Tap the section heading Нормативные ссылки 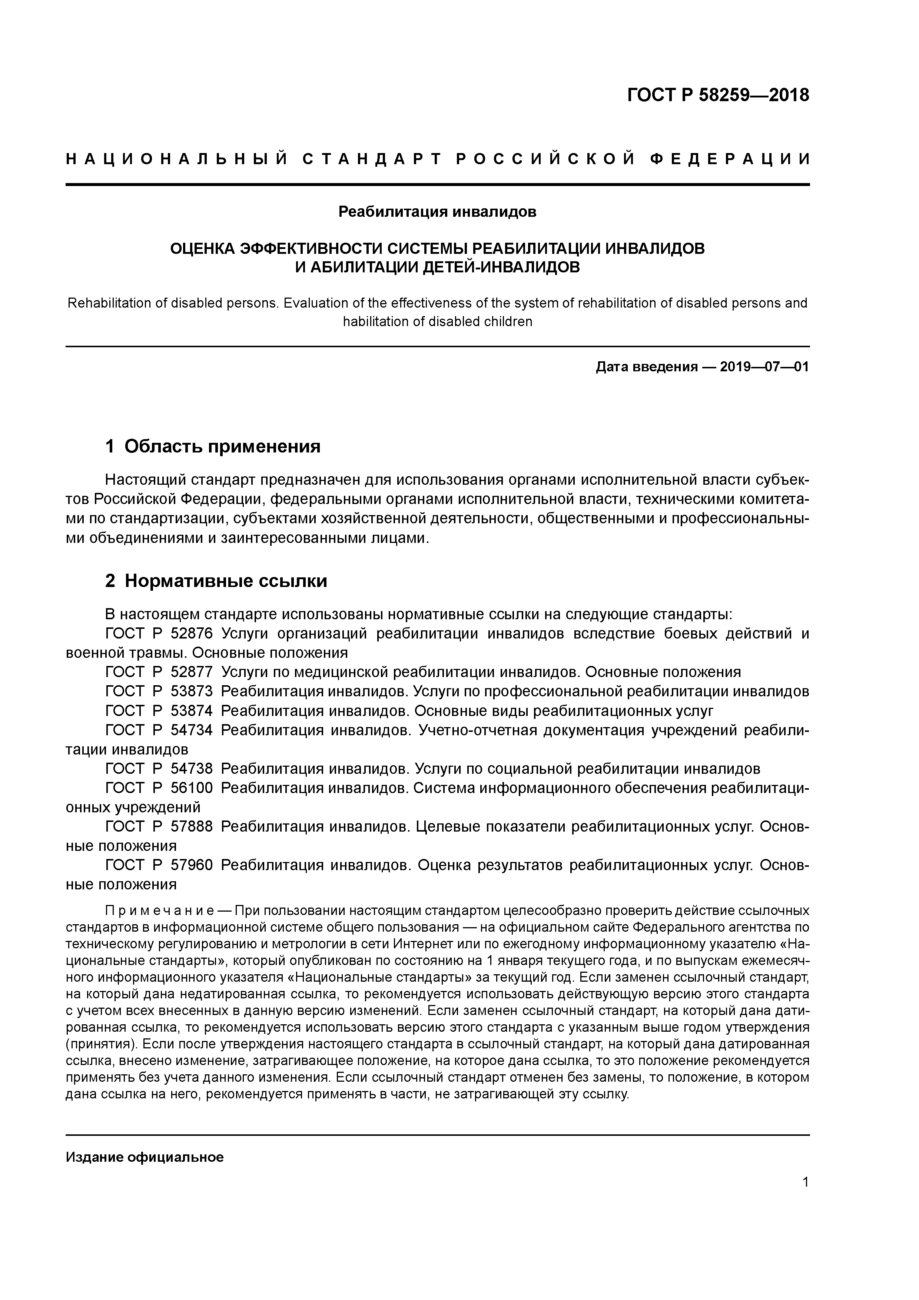(x=225, y=581)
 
